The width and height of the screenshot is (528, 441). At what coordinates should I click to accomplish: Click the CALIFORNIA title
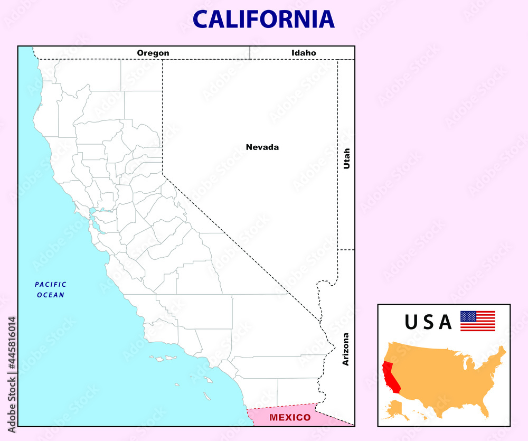tap(263, 19)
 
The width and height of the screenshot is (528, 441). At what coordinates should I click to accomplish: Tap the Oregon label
tap(153, 53)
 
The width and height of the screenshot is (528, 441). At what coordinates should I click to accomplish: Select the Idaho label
tap(304, 53)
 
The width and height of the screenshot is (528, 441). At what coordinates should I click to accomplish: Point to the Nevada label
tap(262, 147)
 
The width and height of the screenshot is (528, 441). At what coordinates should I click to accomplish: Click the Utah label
tap(347, 158)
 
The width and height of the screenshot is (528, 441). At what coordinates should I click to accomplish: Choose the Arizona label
tap(346, 349)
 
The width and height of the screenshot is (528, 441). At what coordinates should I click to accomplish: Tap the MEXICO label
tap(290, 417)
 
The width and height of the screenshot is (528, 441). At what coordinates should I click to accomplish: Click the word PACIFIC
tap(51, 285)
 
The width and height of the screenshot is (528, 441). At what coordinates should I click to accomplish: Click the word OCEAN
tap(51, 295)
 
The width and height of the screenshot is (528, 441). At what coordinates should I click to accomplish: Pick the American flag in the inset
tap(477, 321)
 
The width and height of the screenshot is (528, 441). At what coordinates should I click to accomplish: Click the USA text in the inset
tap(428, 322)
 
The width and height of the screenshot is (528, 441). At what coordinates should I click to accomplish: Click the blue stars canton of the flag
tap(468, 316)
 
